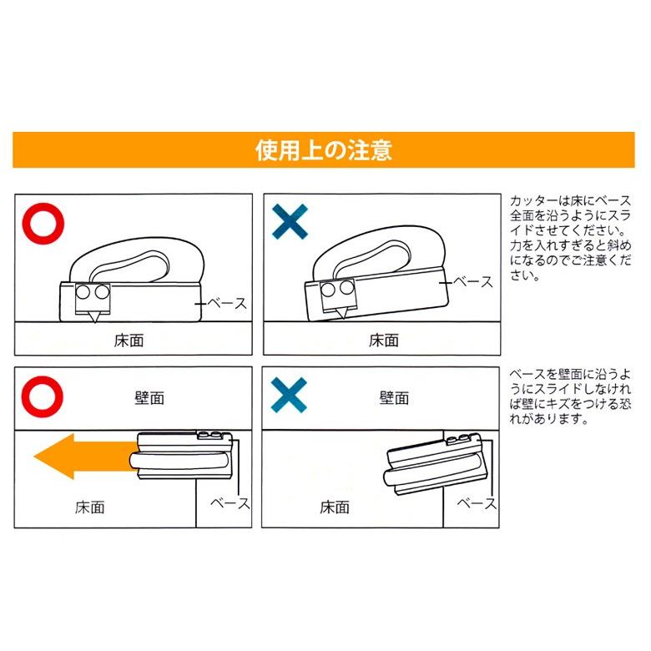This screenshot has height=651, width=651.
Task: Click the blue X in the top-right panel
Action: (x=290, y=222)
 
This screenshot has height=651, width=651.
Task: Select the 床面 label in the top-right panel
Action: (x=384, y=340)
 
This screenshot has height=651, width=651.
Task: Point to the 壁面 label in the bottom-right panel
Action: (x=395, y=397)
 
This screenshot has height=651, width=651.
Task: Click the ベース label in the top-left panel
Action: (x=225, y=306)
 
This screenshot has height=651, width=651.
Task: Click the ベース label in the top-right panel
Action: (x=475, y=282)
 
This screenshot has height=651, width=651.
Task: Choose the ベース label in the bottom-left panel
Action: (x=229, y=503)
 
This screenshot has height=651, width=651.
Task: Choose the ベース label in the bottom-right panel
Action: (x=477, y=503)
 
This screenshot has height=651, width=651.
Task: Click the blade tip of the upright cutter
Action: (x=92, y=321)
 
